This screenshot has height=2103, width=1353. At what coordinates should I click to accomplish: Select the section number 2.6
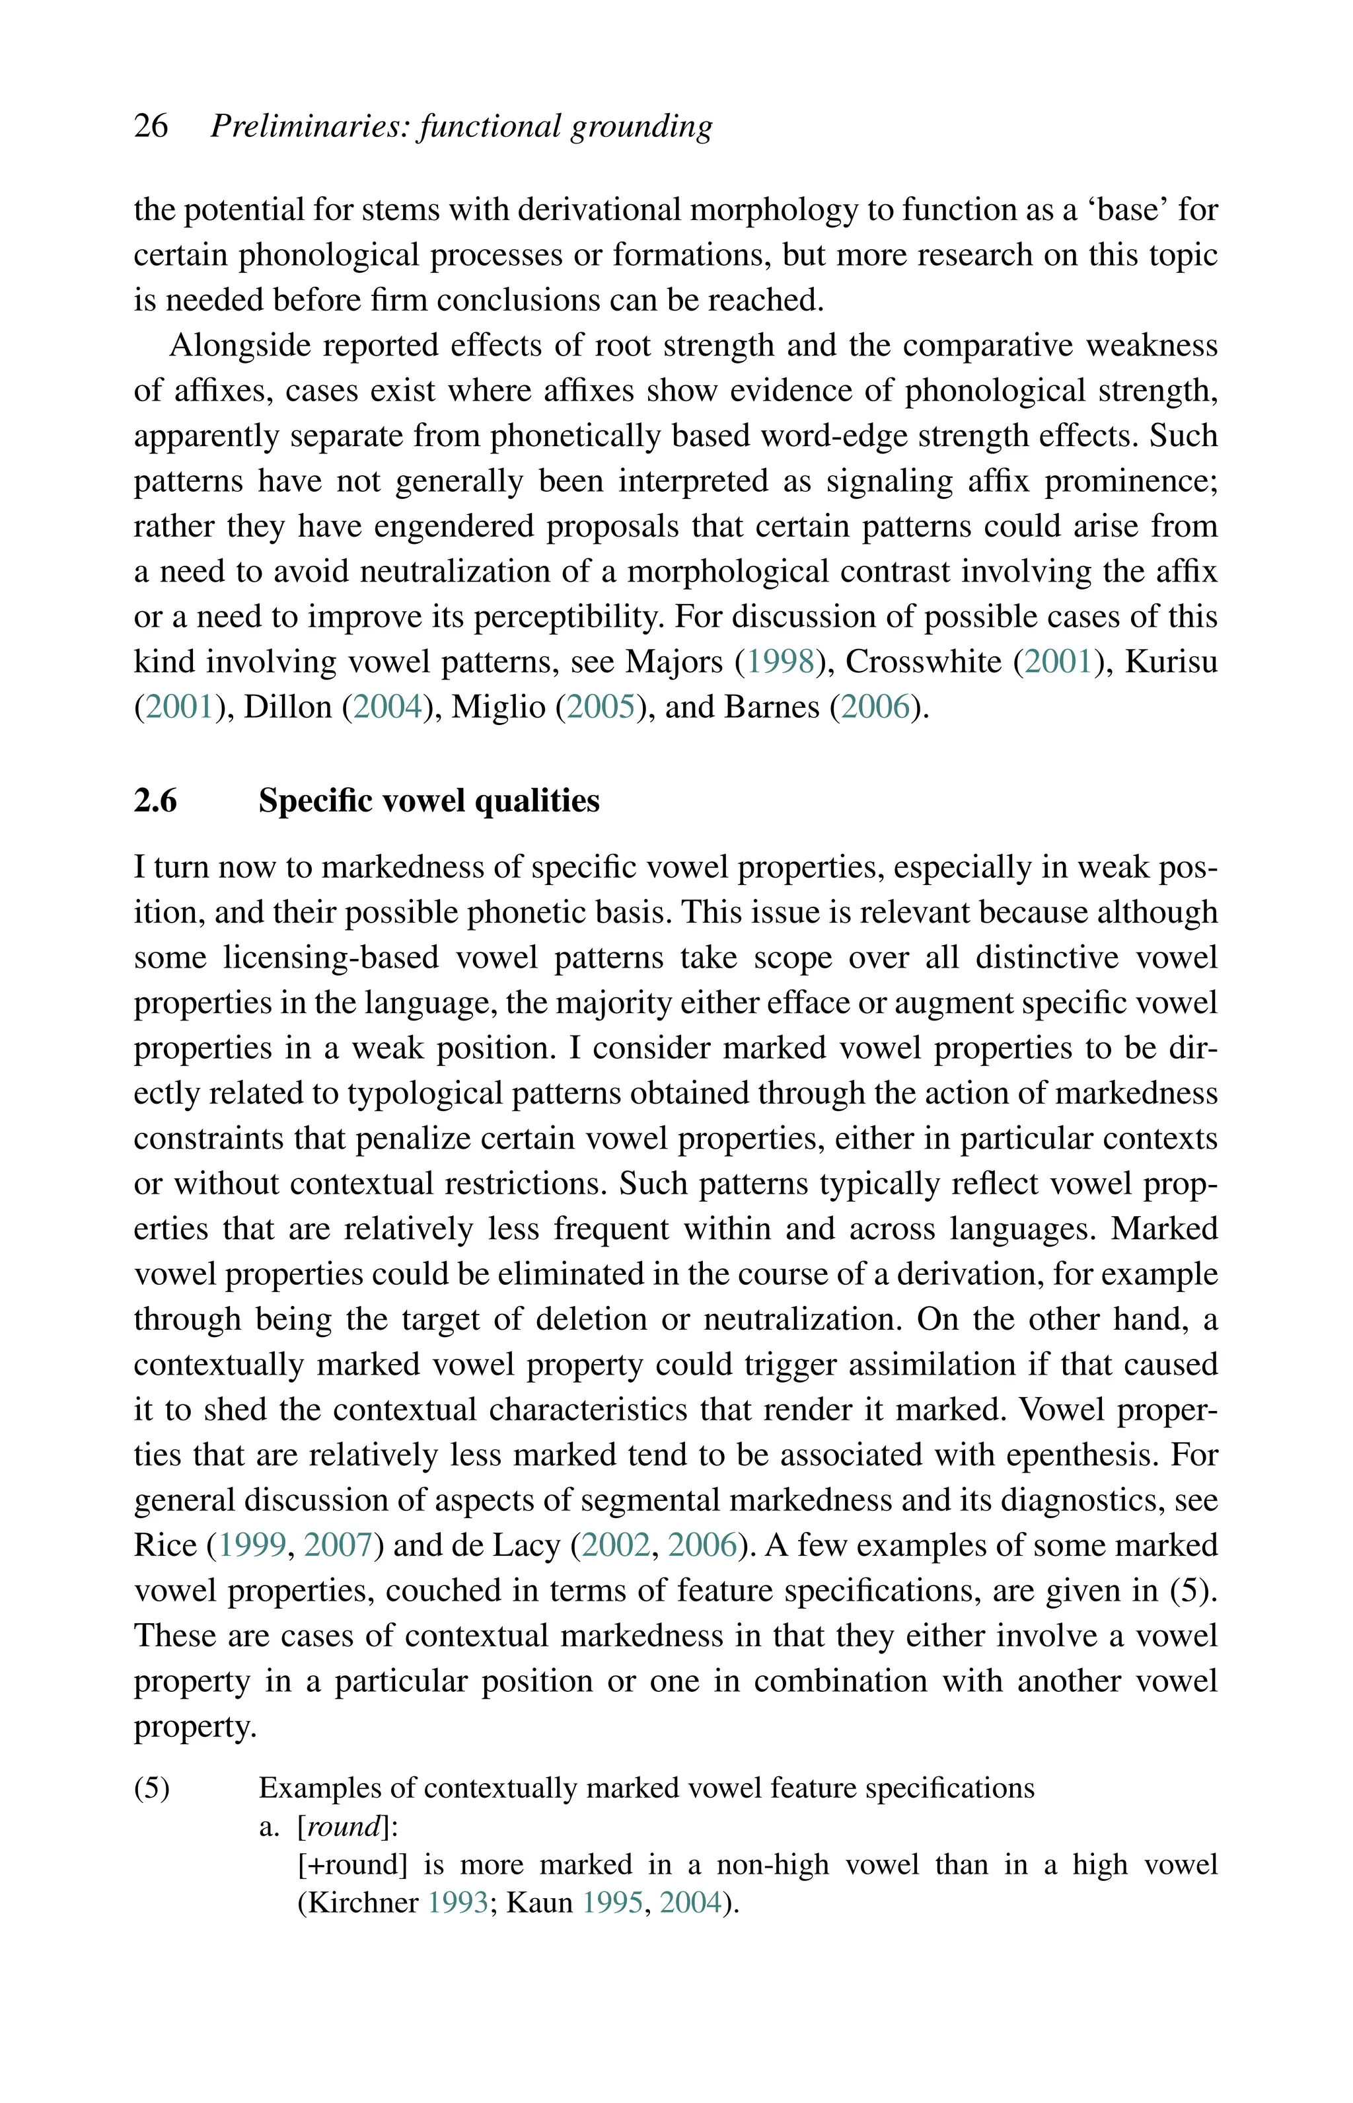pyautogui.click(x=155, y=800)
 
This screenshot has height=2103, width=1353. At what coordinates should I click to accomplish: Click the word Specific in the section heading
pyautogui.click(x=311, y=800)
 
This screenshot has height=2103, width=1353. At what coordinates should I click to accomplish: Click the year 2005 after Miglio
pyautogui.click(x=602, y=707)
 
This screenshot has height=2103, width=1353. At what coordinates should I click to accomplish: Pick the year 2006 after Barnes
pyautogui.click(x=876, y=707)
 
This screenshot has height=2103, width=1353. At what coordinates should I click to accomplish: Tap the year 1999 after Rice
pyautogui.click(x=252, y=1545)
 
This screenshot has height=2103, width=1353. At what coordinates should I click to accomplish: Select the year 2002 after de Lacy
pyautogui.click(x=616, y=1545)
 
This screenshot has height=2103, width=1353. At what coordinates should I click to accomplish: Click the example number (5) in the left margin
pyautogui.click(x=152, y=1788)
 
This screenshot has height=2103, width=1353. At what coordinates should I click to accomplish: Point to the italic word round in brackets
pyautogui.click(x=344, y=1827)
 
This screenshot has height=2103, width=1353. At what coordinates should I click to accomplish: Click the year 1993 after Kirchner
pyautogui.click(x=458, y=1903)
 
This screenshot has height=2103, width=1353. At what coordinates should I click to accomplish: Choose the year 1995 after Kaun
pyautogui.click(x=612, y=1903)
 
